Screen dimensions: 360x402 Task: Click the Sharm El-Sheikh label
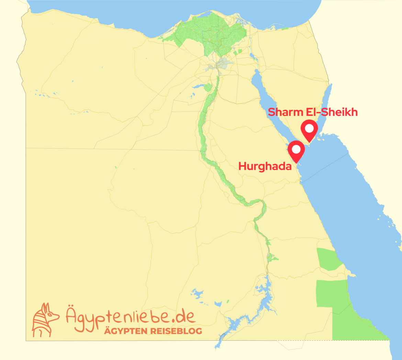point(313,112)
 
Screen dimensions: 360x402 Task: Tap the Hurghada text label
point(265,167)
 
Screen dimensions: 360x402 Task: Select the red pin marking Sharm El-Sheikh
point(309,131)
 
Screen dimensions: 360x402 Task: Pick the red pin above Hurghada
point(296,151)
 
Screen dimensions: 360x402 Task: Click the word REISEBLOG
point(179,331)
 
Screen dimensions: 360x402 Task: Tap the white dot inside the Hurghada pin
point(296,149)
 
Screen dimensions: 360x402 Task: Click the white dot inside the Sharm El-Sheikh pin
point(309,128)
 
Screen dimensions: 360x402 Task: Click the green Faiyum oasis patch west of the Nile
point(208,87)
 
